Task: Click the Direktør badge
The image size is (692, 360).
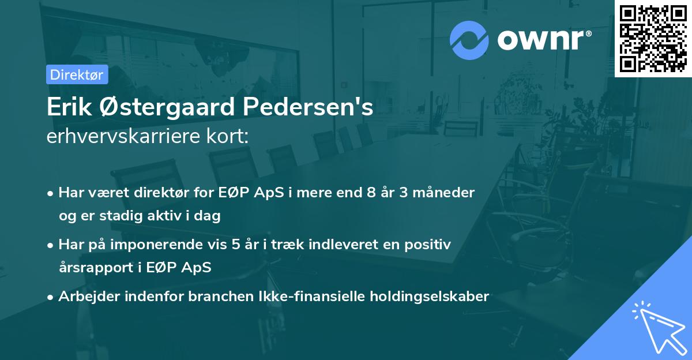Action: [x=77, y=74]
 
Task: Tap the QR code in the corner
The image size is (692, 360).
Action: [x=653, y=39]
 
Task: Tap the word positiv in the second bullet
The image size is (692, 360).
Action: [x=430, y=245]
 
